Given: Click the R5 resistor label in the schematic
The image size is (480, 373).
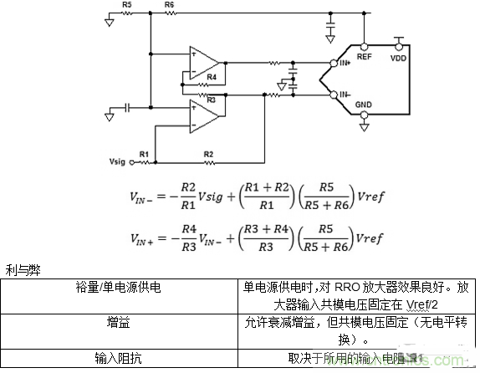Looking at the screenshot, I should pyautogui.click(x=126, y=5).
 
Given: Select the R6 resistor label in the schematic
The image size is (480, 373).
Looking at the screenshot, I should pyautogui.click(x=170, y=5).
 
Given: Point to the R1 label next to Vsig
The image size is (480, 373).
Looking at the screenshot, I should pyautogui.click(x=144, y=155).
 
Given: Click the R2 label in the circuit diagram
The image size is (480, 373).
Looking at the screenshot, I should pyautogui.click(x=207, y=155).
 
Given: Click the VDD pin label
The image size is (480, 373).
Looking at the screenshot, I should pyautogui.click(x=400, y=59).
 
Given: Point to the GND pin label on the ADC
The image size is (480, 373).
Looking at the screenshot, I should pyautogui.click(x=365, y=105).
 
